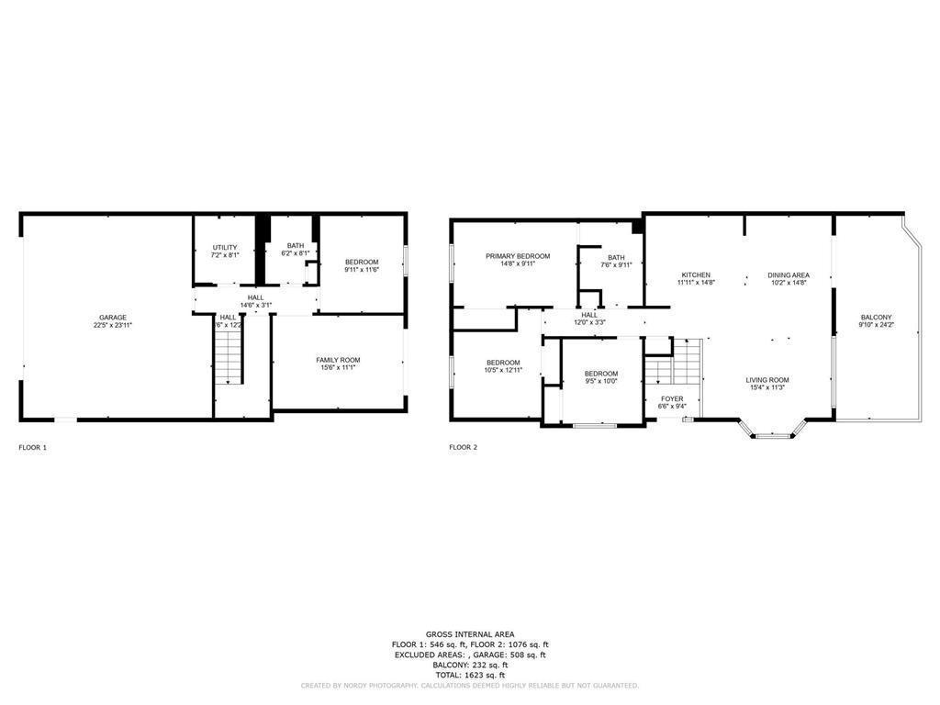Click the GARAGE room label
[x=113, y=318]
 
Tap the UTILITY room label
[x=225, y=247]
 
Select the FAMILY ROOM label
[x=338, y=360]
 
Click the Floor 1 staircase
[x=228, y=358]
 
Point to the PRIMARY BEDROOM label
[x=518, y=256]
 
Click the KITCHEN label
[x=696, y=275]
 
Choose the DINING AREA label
[x=788, y=275]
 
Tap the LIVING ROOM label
[x=767, y=380]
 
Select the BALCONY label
[x=875, y=318]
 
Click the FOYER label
[x=672, y=398]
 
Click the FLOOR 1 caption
[x=33, y=448]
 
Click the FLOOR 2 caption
[x=463, y=448]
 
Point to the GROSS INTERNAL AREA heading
[x=469, y=634]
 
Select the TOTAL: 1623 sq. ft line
[x=469, y=675]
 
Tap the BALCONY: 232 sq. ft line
[x=469, y=665]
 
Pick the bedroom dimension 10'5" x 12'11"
[x=503, y=370]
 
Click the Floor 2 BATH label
[x=615, y=257]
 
